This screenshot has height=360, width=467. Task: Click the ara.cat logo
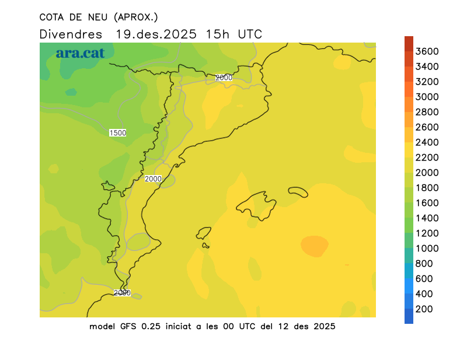coord(80,53)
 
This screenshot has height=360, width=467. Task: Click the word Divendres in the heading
coord(71,34)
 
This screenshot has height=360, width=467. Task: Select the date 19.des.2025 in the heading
coord(156,34)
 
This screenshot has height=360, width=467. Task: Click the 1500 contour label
coord(117,133)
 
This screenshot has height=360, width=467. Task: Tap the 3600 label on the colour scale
coord(427,51)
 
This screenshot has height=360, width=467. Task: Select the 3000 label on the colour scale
coord(427,97)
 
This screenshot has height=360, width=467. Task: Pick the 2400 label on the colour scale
coord(427,142)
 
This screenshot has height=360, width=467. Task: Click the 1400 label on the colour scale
coord(427,218)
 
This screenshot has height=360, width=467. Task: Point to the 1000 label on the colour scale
coord(427,249)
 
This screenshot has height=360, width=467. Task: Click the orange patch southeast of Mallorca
coord(314,246)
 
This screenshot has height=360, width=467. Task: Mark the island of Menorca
coord(298,192)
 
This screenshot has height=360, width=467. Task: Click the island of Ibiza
coord(204,234)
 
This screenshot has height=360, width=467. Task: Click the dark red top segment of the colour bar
coord(409,44)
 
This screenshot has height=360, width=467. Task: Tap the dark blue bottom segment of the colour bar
coord(409,316)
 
